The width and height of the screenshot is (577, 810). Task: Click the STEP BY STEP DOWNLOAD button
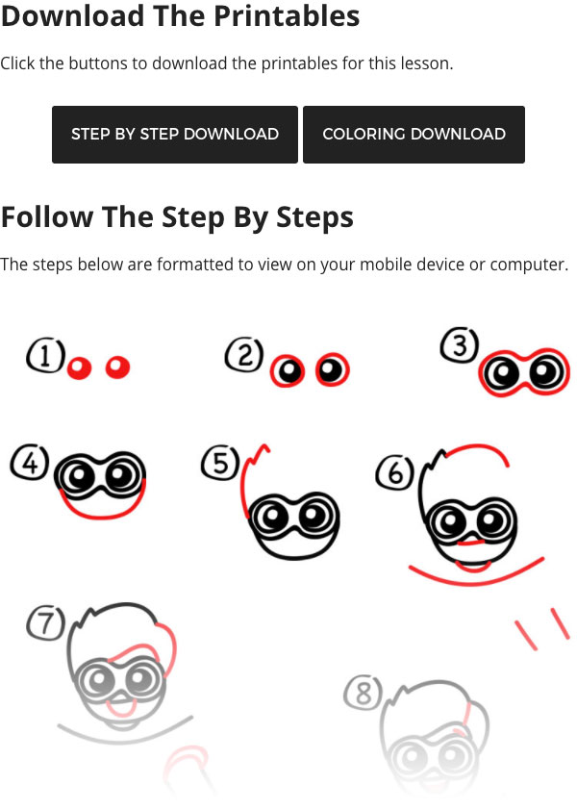click(175, 135)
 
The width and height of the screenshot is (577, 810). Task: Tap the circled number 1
click(46, 355)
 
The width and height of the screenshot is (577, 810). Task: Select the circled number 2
click(244, 354)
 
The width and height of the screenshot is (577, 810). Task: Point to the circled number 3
click(460, 344)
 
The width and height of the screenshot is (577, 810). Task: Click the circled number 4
click(30, 462)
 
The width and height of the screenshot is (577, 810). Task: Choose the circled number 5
click(220, 463)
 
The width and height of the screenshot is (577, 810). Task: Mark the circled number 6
click(395, 471)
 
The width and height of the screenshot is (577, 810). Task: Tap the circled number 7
click(46, 622)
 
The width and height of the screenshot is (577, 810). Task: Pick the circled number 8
click(364, 693)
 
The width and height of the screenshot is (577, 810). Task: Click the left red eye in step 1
click(79, 368)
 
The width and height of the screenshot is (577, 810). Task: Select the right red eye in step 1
click(117, 367)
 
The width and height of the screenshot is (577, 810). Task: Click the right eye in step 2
click(332, 369)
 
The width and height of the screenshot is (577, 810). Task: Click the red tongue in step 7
click(122, 707)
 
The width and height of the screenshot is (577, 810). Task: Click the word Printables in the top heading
click(287, 16)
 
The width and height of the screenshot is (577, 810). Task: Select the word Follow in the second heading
click(47, 217)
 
